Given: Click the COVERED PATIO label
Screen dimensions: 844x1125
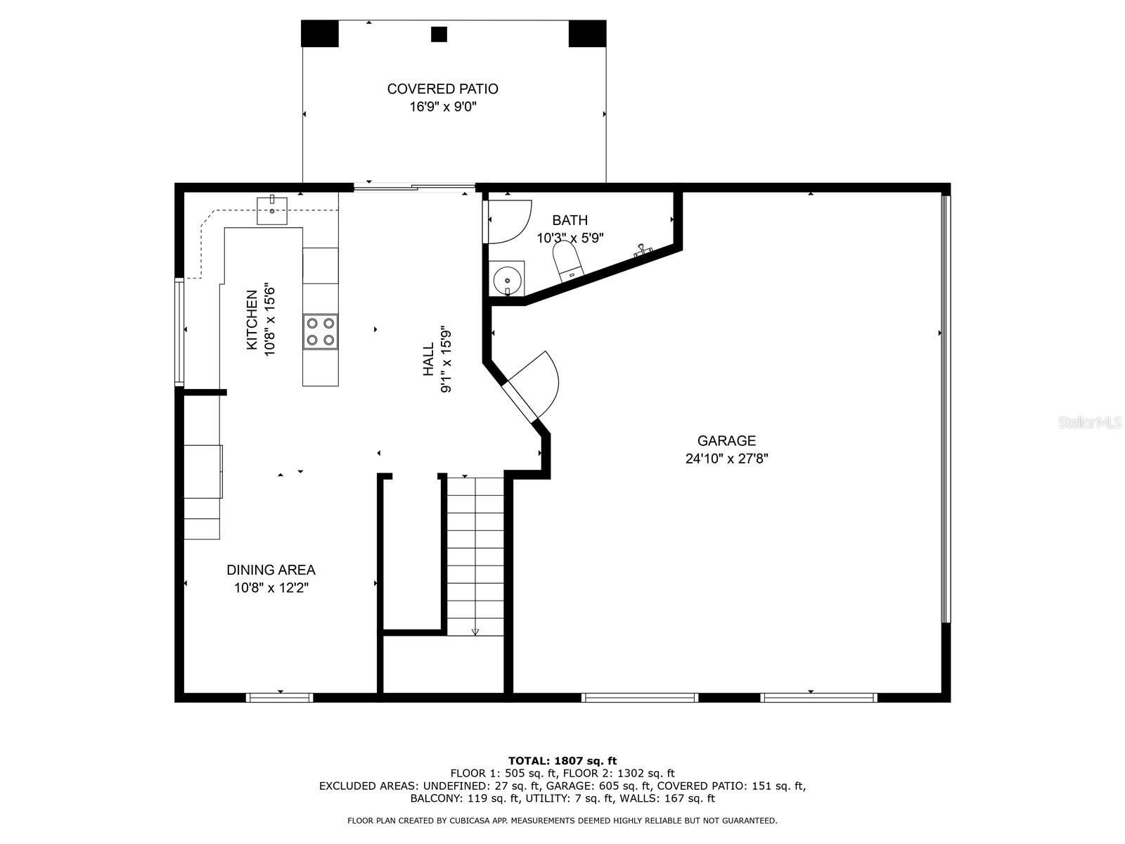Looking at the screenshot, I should click(442, 89).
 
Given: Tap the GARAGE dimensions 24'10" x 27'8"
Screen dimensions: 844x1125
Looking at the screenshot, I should click(726, 459).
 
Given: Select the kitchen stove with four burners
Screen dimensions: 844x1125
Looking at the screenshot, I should click(320, 332).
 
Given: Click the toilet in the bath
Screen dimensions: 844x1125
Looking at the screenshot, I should click(567, 262).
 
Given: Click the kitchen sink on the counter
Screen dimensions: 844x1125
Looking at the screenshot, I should click(272, 209).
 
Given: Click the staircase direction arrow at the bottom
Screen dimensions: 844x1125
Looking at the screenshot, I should click(475, 632).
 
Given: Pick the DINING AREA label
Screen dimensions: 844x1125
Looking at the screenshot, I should click(271, 570).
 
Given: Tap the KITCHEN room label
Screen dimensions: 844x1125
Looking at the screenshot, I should click(251, 320).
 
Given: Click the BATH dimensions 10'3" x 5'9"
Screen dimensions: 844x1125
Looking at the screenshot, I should click(570, 238).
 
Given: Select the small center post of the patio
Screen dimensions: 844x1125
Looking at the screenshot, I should click(439, 34).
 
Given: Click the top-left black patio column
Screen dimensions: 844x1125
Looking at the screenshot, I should click(319, 33).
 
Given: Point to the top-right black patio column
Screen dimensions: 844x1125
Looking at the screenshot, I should click(587, 33).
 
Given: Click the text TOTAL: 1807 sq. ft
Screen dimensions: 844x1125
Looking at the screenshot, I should click(562, 760).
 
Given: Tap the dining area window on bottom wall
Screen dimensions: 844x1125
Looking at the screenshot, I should click(280, 698).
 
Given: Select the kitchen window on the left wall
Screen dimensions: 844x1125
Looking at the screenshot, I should click(179, 331).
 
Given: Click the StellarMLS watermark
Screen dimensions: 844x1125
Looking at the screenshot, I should click(1089, 423).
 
